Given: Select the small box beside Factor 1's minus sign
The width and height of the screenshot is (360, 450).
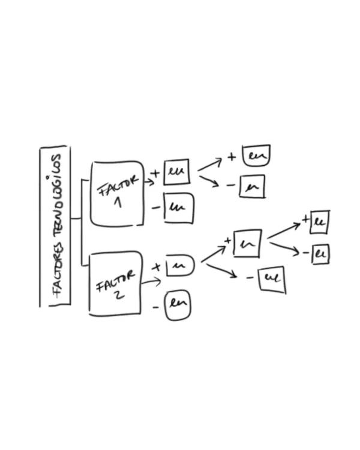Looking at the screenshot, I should coord(179,208).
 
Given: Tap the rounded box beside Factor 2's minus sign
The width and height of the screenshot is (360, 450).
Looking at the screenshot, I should coord(178,305).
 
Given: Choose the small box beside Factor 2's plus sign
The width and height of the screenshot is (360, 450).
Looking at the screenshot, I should coord(180,265).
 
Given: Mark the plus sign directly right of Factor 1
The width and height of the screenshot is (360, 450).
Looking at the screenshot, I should coord(155,174).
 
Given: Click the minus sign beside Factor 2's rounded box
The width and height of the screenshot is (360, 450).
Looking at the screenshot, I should coord(155,308).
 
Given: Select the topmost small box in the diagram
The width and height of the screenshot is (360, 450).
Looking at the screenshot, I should coord(256,155).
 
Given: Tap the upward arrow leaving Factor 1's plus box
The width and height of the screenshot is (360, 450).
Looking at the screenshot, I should coord(210,164).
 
